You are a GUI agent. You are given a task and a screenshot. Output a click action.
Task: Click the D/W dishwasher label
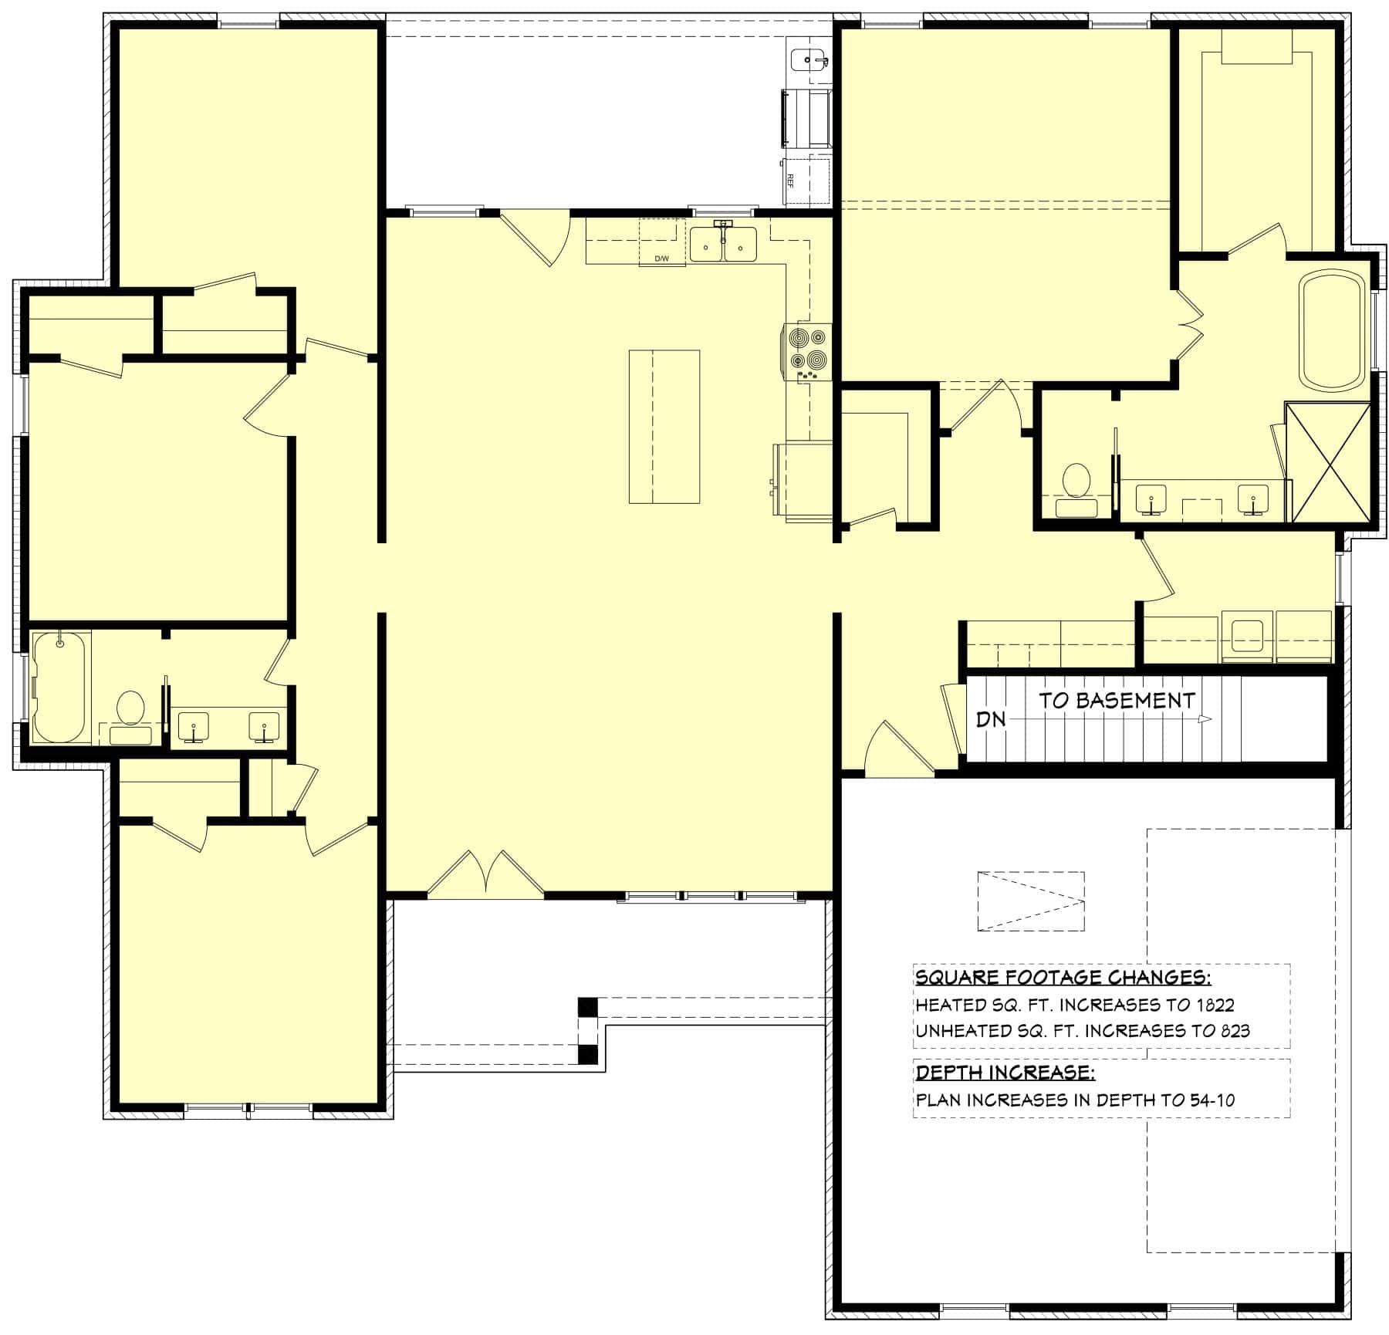pos(661,259)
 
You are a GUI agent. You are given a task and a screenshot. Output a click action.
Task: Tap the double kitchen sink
pos(723,245)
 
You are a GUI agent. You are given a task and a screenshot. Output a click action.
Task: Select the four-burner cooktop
pos(807,350)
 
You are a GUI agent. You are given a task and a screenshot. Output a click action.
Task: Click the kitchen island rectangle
pos(664,427)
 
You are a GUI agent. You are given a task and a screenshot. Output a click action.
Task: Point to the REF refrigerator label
pos(790,181)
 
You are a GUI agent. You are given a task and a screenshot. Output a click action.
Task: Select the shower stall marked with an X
pos(1330,461)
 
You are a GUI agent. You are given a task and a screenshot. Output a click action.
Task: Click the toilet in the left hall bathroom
pos(130,715)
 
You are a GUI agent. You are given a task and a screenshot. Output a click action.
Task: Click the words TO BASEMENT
pos(1116,701)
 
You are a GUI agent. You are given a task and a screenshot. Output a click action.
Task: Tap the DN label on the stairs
pos(991,719)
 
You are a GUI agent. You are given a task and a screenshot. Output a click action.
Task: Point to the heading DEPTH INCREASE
pos(1005,1073)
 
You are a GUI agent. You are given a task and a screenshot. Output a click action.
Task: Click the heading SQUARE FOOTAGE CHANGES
pos(1063,978)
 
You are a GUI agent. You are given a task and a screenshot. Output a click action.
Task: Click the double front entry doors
pos(485,876)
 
